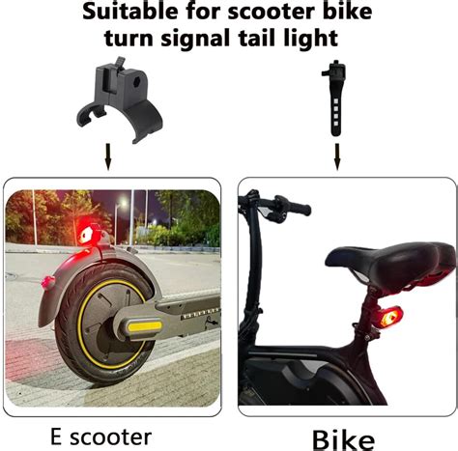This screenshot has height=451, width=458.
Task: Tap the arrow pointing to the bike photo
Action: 337,155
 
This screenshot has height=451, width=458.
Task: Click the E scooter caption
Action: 100,437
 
